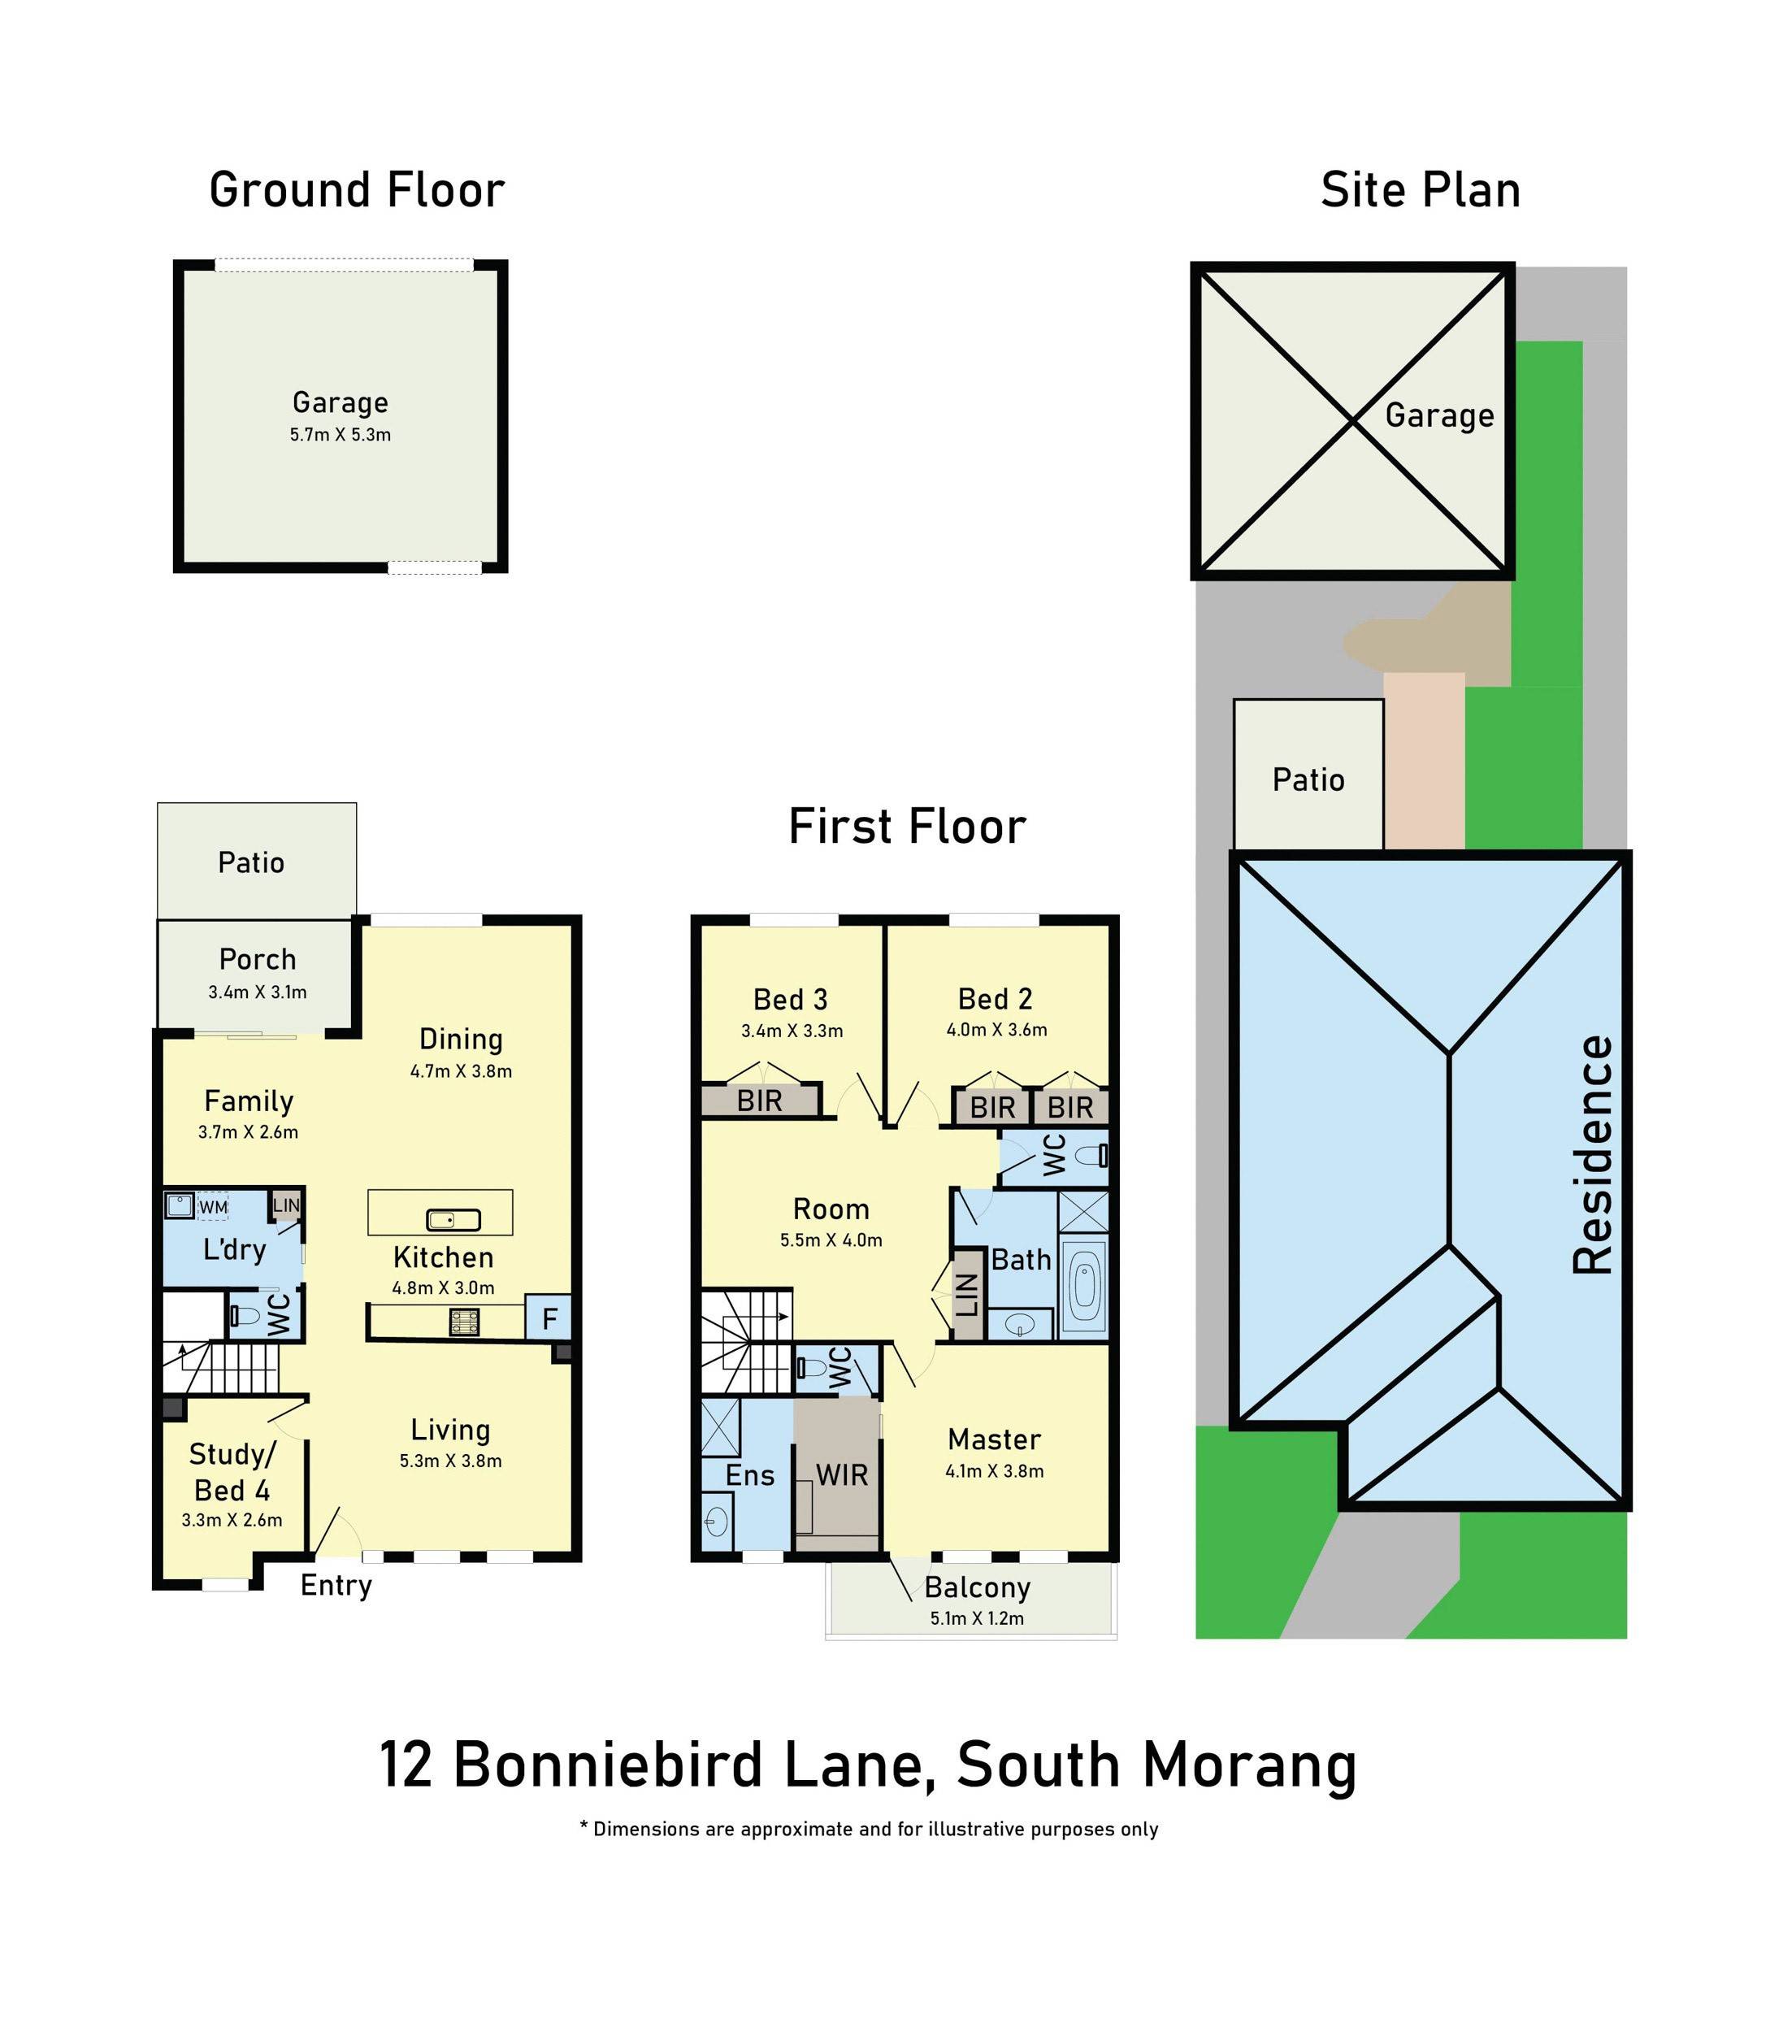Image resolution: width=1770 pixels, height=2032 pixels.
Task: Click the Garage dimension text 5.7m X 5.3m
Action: (x=340, y=435)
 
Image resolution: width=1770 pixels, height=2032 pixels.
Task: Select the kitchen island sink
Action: (x=453, y=1220)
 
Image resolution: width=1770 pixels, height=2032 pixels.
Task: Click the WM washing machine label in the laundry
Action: (x=214, y=1207)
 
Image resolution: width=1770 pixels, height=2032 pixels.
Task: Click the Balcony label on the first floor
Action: (x=977, y=1587)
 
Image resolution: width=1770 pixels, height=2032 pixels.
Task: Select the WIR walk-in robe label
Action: (x=842, y=1475)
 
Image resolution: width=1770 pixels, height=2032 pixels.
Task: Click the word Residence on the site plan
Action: (x=1591, y=1155)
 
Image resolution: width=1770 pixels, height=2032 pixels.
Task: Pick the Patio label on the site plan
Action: (x=1308, y=780)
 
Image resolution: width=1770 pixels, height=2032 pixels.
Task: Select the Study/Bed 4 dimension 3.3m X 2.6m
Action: (x=232, y=1520)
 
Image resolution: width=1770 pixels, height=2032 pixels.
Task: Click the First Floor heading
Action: (x=907, y=826)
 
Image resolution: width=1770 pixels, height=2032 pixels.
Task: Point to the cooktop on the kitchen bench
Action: (x=464, y=1322)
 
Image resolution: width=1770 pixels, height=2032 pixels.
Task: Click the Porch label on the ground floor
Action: (x=257, y=959)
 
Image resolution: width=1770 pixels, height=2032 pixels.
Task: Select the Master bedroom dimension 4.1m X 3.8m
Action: (x=994, y=1471)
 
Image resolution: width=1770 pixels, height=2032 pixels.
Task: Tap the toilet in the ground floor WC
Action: (x=244, y=1316)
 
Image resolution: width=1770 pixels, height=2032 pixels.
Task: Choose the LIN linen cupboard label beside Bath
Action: (x=968, y=1295)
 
